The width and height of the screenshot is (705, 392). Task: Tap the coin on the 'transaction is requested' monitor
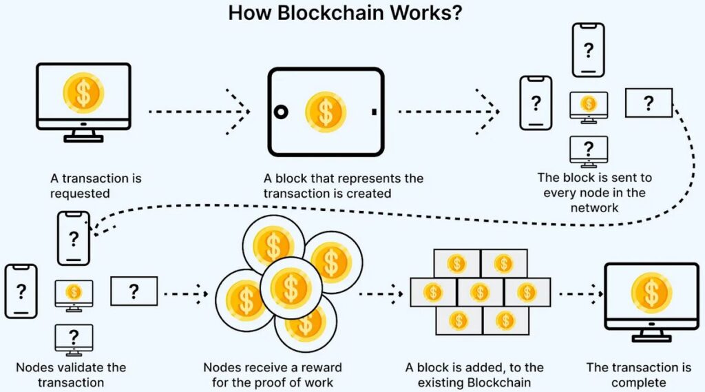point(83,92)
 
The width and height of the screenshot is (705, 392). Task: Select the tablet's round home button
point(281,111)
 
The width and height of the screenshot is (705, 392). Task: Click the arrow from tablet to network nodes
point(448,111)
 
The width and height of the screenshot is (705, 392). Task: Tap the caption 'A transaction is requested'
point(96,185)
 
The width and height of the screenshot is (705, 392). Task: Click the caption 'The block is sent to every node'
point(595,192)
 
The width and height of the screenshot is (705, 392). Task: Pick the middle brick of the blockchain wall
point(480,292)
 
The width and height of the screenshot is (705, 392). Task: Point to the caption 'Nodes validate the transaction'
point(72,375)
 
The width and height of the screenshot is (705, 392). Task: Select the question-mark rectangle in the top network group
point(648,103)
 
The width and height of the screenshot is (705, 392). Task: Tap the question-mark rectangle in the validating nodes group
point(134,291)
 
